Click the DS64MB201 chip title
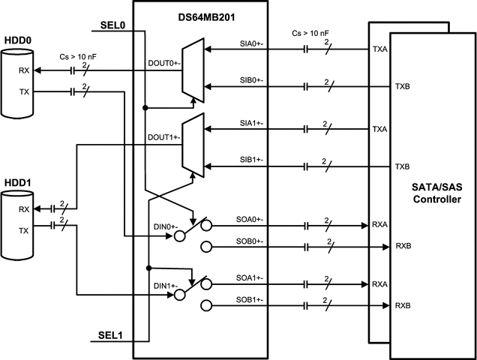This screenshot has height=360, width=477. (x=199, y=12)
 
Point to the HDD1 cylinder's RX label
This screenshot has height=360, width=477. (x=24, y=209)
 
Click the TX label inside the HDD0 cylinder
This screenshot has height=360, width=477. (x=24, y=93)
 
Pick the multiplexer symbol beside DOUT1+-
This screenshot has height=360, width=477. (x=193, y=145)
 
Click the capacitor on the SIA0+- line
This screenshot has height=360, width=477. (x=306, y=51)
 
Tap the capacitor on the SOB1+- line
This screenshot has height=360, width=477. (x=306, y=306)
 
